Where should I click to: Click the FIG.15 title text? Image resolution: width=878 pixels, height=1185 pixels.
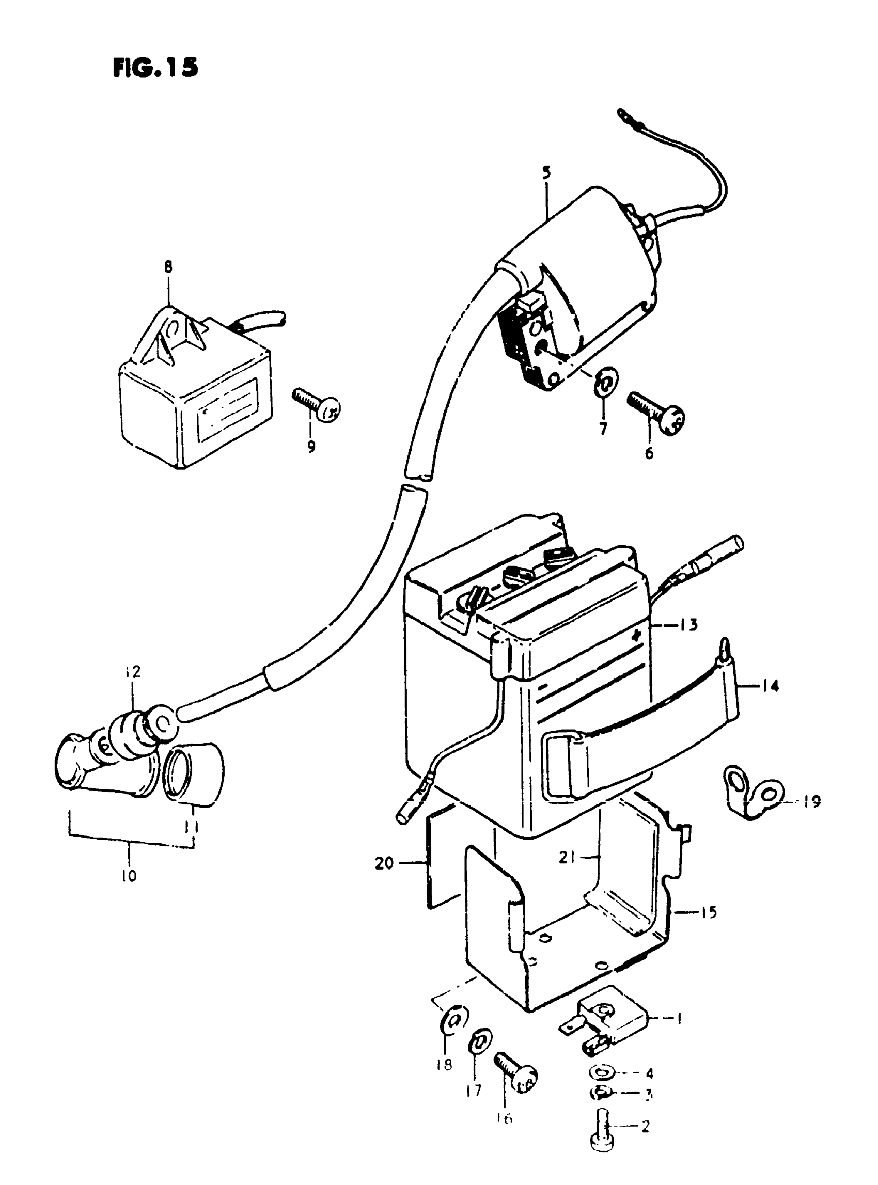[x=155, y=68]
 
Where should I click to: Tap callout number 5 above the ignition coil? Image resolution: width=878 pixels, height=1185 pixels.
[x=547, y=172]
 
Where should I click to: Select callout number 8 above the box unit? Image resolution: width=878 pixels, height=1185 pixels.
[x=168, y=267]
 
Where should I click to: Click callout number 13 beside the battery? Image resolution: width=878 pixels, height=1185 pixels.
[x=688, y=624]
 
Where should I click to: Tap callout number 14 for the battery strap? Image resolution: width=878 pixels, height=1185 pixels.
[x=770, y=686]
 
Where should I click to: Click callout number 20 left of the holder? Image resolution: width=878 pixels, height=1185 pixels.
[x=385, y=863]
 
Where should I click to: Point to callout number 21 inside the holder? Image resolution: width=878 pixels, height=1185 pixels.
[x=567, y=857]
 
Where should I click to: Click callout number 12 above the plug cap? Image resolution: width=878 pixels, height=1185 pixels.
[x=133, y=672]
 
